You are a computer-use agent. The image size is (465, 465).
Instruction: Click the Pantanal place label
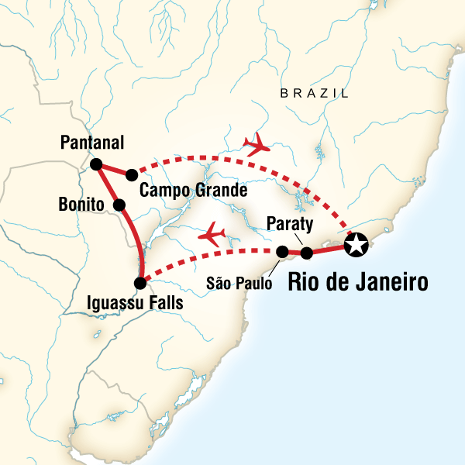pyautogui.click(x=92, y=143)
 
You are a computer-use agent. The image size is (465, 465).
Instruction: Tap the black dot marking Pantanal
pyautogui.click(x=96, y=164)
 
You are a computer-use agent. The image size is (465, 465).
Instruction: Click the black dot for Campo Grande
pyautogui.click(x=132, y=174)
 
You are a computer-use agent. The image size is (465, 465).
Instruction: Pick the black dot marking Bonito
pyautogui.click(x=119, y=205)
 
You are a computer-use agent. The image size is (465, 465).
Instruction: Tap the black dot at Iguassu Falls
pyautogui.click(x=139, y=283)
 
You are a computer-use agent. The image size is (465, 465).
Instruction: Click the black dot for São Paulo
pyautogui.click(x=283, y=251)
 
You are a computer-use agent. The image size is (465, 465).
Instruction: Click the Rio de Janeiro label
pyautogui.click(x=357, y=283)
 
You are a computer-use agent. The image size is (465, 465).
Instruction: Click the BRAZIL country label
pyautogui.click(x=314, y=94)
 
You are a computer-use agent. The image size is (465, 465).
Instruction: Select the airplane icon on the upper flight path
pyautogui.click(x=257, y=143)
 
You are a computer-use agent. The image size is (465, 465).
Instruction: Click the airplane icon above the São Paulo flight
pyautogui.click(x=213, y=232)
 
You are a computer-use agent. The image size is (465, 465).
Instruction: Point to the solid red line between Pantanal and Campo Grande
pyautogui.click(x=114, y=170)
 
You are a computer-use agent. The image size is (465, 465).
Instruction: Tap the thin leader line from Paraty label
pyautogui.click(x=298, y=239)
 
